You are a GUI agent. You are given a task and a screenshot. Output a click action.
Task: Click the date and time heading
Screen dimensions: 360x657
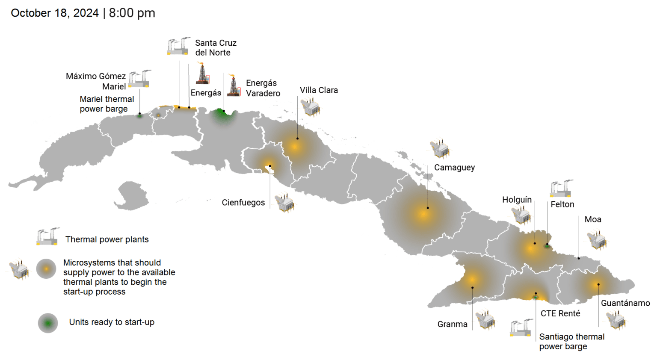(x=83, y=13)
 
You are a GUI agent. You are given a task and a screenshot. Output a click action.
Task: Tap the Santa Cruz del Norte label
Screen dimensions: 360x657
(x=216, y=48)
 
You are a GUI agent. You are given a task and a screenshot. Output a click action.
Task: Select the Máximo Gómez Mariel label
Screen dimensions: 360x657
(x=96, y=81)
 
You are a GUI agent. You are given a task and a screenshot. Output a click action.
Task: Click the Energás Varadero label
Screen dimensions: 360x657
(x=263, y=88)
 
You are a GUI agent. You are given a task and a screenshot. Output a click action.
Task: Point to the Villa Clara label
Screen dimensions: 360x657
(x=319, y=90)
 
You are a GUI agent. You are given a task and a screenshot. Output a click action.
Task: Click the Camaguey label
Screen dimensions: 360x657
(x=454, y=168)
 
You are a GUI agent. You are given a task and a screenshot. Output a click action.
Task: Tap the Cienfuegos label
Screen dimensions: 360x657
(x=243, y=203)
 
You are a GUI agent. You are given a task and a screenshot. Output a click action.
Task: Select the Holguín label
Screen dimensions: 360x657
(x=517, y=200)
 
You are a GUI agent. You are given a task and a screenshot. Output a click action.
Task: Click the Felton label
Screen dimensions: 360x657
(x=562, y=204)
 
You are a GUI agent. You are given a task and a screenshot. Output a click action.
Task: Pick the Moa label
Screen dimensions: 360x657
(x=592, y=219)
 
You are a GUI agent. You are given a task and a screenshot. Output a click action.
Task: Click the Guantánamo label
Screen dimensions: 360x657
(x=625, y=303)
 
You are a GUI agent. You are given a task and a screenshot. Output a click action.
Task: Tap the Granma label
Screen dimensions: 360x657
(x=452, y=324)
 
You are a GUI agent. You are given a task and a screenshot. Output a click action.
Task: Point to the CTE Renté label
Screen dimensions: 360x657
(x=560, y=313)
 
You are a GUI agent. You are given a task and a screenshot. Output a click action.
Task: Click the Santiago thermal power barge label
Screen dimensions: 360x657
(x=571, y=342)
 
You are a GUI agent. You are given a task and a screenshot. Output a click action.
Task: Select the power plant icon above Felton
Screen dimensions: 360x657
(x=561, y=189)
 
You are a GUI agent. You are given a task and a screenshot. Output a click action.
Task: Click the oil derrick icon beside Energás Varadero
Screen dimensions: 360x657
(x=234, y=85)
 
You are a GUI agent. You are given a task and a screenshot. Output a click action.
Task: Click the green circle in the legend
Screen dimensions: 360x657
(x=48, y=323)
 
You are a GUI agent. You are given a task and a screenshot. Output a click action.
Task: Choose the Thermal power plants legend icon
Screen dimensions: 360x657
(x=47, y=236)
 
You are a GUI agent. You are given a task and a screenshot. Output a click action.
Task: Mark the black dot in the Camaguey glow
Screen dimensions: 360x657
(x=427, y=208)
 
